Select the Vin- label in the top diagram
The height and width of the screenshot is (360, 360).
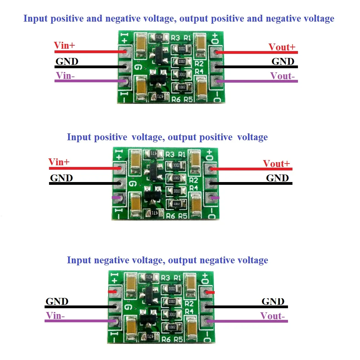(x=65, y=75)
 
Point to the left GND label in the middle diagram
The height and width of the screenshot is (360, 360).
(x=61, y=178)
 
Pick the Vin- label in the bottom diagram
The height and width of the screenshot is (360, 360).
(x=55, y=315)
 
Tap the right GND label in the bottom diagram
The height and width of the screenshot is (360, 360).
(x=273, y=302)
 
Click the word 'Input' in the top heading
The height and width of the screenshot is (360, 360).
(x=36, y=18)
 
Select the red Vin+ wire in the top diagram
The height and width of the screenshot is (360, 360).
(x=89, y=52)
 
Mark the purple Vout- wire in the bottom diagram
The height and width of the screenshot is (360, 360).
(x=247, y=321)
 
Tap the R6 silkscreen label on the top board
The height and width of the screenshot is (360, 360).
(x=176, y=99)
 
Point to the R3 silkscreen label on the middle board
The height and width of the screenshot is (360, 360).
(x=170, y=154)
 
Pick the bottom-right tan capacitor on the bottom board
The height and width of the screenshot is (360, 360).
(x=192, y=328)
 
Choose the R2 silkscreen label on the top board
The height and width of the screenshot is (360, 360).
(x=199, y=63)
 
